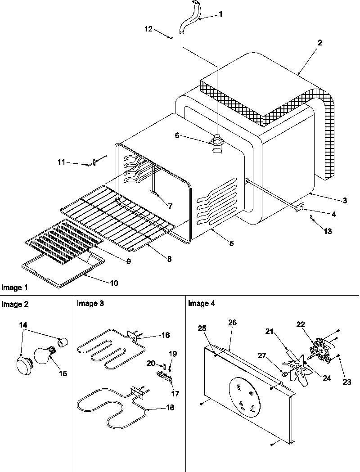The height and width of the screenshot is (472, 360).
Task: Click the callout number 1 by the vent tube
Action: coord(220,14)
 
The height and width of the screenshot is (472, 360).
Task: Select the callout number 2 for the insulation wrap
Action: coord(319,43)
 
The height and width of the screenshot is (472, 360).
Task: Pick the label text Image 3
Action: coord(90,304)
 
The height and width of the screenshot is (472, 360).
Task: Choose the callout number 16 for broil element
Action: coord(166,335)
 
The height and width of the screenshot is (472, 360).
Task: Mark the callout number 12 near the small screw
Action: coord(148,29)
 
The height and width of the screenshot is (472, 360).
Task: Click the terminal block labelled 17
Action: coord(164,376)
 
